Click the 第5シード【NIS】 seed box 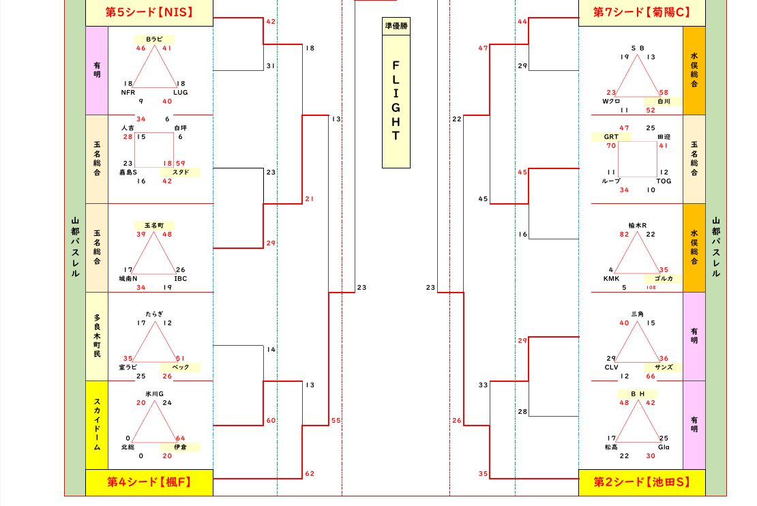point(149,12)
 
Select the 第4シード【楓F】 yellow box point(149,482)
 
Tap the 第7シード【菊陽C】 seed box point(642,12)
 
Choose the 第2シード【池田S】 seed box point(642,482)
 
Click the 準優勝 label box point(396,26)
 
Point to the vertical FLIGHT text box point(396,101)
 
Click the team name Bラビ point(154,40)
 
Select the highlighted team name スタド point(181,173)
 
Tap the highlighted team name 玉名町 point(154,225)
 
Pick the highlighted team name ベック point(181,368)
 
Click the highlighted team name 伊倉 point(181,447)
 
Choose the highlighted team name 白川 point(664,102)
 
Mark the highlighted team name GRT point(612,137)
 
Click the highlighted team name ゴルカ point(664,278)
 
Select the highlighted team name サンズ point(664,367)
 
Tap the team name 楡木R point(638,225)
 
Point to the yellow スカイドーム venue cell point(97,425)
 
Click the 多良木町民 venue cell point(97,336)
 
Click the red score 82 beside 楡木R point(625,235)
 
